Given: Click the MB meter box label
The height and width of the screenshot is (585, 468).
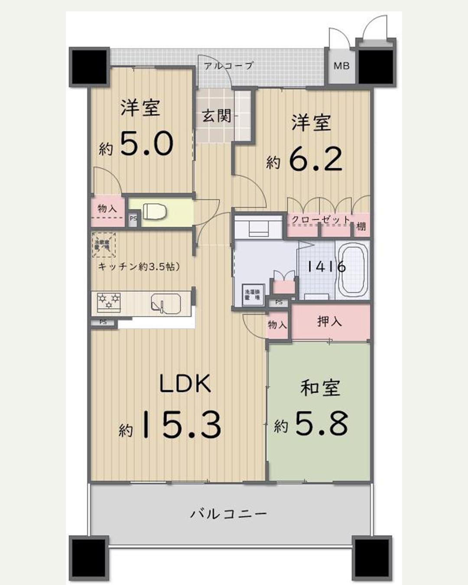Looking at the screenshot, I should point(341,66).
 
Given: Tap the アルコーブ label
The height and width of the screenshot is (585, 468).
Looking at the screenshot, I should point(228,66).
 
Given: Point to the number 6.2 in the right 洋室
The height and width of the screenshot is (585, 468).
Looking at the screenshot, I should point(315,159).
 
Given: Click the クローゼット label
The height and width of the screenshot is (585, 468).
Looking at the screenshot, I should point(320,220).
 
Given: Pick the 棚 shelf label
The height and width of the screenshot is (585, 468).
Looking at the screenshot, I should point(361,226).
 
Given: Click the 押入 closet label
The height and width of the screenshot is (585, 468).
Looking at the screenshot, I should point(329,322).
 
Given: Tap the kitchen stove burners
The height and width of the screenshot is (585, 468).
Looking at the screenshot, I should point(109,301).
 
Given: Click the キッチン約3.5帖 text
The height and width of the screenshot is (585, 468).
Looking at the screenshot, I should point(139,266).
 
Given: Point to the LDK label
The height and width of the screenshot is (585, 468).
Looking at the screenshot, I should point(185,384).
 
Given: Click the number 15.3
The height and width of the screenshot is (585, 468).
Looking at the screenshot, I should point(181,425).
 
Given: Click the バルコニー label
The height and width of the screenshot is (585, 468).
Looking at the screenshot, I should point(228,514).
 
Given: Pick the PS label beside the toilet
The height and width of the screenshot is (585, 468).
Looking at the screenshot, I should point(133,219).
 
